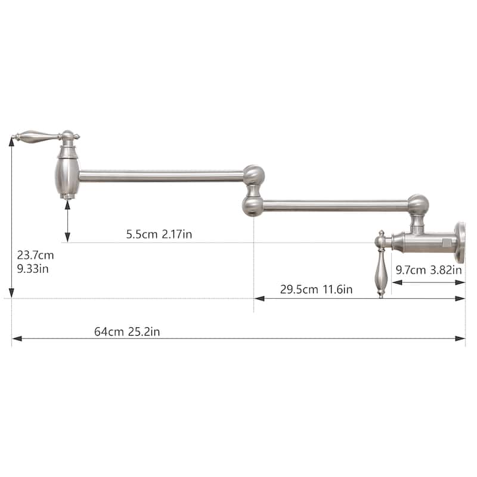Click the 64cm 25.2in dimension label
pyautogui.click(x=127, y=332)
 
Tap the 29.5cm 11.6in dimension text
pyautogui.click(x=316, y=289)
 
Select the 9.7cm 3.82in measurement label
pyautogui.click(x=428, y=270)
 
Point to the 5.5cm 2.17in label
pyautogui.click(x=159, y=234)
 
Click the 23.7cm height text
pyautogui.click(x=35, y=255)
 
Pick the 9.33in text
pyautogui.click(x=33, y=269)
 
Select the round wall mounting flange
pyautogui.click(x=460, y=243)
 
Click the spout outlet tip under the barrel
pyautogui.click(x=67, y=197)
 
